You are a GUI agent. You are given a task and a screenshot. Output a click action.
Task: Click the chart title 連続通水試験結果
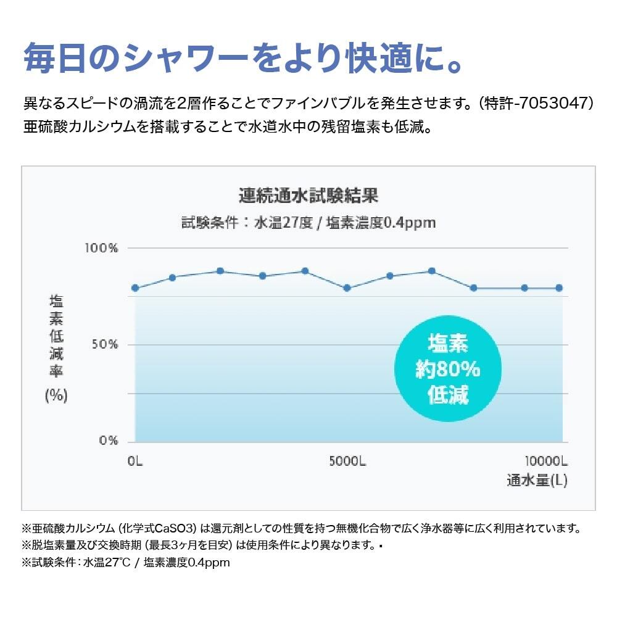coord(308,196)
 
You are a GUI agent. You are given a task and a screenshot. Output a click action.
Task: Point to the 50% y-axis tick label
coord(105,344)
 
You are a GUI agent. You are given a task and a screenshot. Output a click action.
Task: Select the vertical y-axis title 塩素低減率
coord(56,336)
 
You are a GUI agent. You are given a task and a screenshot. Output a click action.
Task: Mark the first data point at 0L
coord(135,288)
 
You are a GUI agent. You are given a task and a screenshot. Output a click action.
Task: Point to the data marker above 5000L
coord(347,288)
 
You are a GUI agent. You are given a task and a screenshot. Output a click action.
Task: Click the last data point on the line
coord(559,288)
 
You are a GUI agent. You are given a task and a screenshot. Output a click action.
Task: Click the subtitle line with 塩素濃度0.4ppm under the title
coord(308,223)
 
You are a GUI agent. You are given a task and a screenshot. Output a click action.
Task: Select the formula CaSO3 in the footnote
coord(176,529)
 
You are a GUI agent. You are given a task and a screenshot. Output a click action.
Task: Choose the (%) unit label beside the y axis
coord(56,395)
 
